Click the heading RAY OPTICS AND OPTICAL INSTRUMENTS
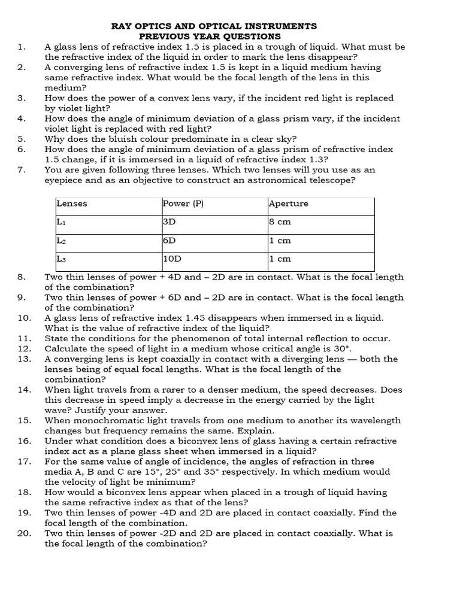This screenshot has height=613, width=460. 214,26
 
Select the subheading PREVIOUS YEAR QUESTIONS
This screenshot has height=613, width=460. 214,37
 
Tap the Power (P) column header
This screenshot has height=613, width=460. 183,204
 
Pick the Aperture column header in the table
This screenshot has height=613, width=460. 289,204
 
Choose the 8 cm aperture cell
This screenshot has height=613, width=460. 280,221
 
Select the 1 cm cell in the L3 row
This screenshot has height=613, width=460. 280,259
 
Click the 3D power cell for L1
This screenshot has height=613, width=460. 170,221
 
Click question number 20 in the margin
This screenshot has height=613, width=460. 24,533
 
